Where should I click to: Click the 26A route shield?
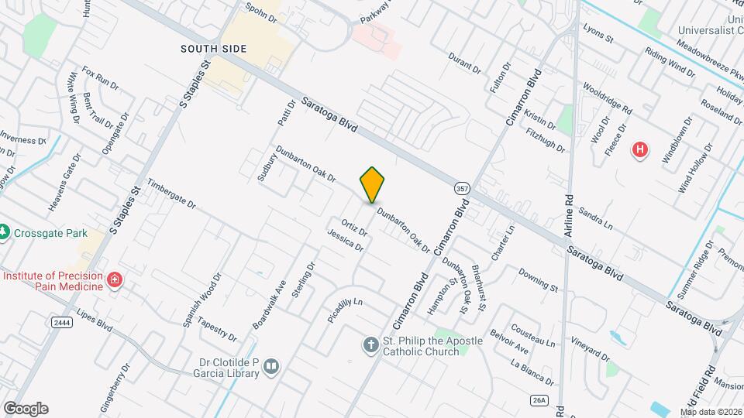click(x=540, y=400)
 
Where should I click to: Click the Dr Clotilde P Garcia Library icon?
click(x=270, y=366)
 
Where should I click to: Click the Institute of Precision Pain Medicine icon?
click(x=115, y=279)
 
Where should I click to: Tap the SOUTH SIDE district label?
click(x=213, y=49)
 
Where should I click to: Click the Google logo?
click(x=26, y=408)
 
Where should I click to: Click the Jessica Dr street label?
click(x=345, y=240)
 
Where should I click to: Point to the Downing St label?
click(x=538, y=279)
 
